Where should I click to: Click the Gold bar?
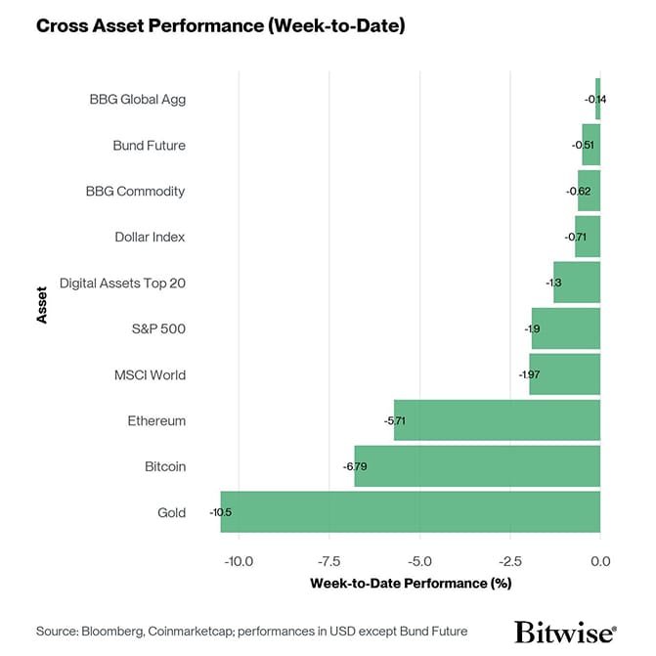tap(411, 511)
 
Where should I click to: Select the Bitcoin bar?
tap(477, 466)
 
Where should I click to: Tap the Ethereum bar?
tap(497, 420)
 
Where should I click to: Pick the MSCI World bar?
tap(565, 374)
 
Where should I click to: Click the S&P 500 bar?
tap(566, 328)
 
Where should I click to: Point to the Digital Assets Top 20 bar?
tap(577, 283)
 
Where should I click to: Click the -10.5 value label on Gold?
tap(220, 512)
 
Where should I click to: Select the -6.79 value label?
tap(354, 466)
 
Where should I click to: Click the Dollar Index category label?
tap(150, 237)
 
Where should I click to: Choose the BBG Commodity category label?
tap(135, 191)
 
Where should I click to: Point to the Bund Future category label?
tap(149, 145)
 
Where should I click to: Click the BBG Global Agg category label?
tap(137, 99)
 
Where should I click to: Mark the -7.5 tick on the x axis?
tap(329, 561)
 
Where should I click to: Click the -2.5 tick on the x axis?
tap(510, 561)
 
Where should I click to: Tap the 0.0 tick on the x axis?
tap(600, 561)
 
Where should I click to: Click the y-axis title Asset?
tap(42, 305)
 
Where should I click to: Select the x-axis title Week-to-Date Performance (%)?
tap(411, 584)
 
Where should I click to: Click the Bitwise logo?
tap(565, 630)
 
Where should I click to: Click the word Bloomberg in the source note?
tap(116, 631)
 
